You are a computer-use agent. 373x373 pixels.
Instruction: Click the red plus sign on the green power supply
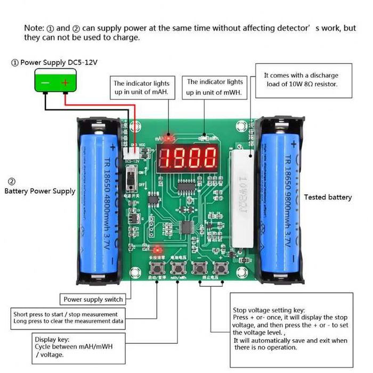click(x=66, y=83)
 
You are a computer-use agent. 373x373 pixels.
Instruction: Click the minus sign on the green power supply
click(x=45, y=83)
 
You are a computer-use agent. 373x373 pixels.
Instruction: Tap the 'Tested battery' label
click(x=328, y=197)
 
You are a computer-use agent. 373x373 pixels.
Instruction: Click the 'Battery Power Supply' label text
click(x=40, y=191)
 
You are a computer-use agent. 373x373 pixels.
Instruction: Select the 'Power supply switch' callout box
click(x=93, y=299)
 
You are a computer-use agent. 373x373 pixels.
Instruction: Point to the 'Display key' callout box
click(x=78, y=346)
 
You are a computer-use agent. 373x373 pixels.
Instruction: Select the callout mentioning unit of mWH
click(x=214, y=87)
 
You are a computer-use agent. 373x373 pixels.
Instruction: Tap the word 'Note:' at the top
click(x=34, y=28)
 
